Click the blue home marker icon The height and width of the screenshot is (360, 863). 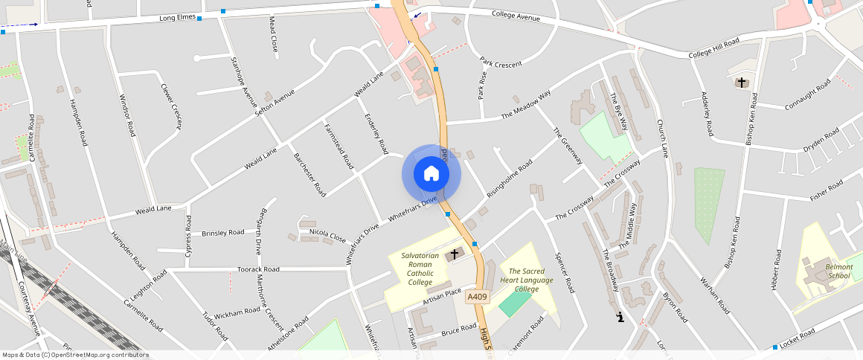click(x=431, y=174)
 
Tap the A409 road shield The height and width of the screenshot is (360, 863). click(x=477, y=297)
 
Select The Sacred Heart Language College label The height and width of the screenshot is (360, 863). click(x=527, y=280)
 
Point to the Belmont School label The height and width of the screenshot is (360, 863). click(x=838, y=271)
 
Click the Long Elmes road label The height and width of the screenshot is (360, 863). click(x=177, y=18)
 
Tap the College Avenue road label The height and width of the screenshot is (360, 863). click(x=516, y=16)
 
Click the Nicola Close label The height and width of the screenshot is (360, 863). click(x=327, y=235)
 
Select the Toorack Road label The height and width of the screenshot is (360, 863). click(x=258, y=269)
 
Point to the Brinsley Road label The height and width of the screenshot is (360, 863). click(x=223, y=233)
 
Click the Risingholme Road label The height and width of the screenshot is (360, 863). click(x=510, y=179)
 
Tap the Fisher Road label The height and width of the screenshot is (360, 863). click(x=826, y=190)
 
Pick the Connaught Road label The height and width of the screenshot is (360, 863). click(x=807, y=97)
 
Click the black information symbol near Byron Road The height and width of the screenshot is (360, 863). click(x=620, y=318)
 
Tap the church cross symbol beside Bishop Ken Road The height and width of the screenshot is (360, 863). click(x=741, y=83)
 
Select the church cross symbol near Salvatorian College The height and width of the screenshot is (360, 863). click(x=454, y=254)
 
